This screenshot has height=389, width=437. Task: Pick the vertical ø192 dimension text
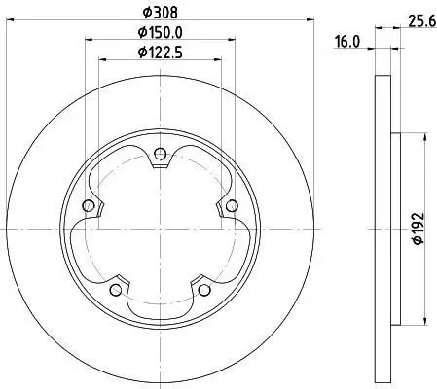click(417, 230)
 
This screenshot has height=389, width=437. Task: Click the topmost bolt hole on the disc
click(160, 152)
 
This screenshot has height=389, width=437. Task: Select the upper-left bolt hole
click(90, 205)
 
